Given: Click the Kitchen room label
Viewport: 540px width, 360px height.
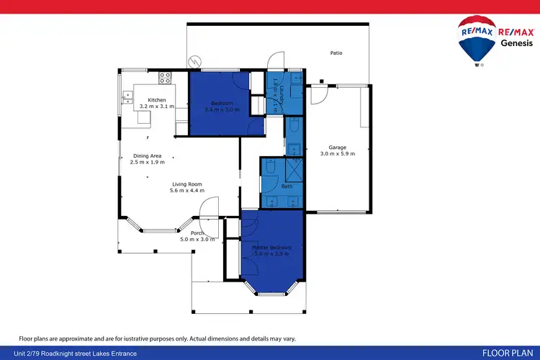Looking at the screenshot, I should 157,100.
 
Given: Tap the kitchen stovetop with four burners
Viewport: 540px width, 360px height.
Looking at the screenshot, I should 165,76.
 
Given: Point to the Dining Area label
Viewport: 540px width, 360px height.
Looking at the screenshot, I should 146,156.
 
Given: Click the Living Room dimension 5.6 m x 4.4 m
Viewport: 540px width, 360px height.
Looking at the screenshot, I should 187,191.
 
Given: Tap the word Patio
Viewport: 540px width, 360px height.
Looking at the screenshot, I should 336,53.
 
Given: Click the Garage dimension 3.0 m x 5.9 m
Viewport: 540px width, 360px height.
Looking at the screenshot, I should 337,153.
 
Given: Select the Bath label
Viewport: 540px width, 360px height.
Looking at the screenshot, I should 287,186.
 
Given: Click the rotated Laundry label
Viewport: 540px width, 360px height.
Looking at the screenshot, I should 274,96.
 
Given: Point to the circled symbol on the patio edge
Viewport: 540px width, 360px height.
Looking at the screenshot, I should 192,63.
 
